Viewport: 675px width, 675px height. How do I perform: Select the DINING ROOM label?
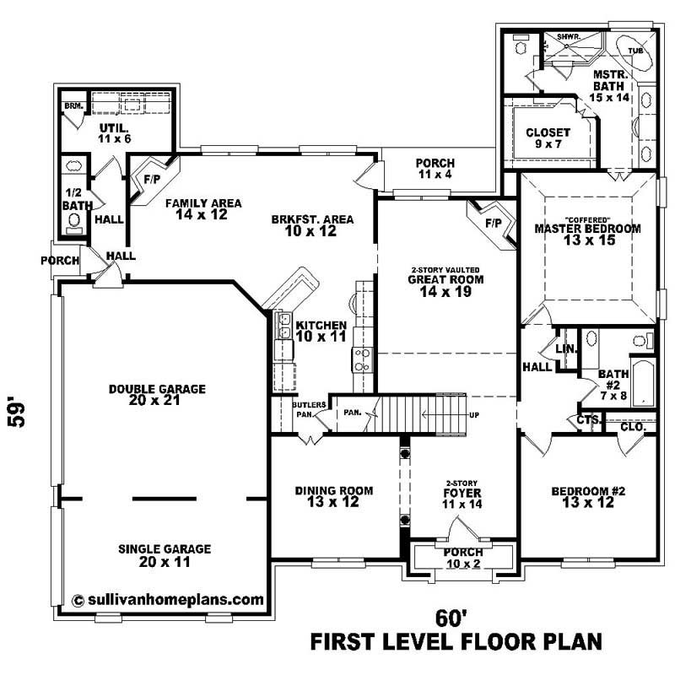pyautogui.click(x=334, y=497)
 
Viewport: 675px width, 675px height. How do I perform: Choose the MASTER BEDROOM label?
pyautogui.click(x=587, y=234)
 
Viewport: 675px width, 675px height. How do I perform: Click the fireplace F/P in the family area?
pyautogui.click(x=153, y=179)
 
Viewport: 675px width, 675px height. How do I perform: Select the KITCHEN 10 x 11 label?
pyautogui.click(x=321, y=330)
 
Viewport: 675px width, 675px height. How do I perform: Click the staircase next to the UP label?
pyautogui.click(x=422, y=416)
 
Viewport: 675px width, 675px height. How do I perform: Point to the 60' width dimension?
pyautogui.click(x=452, y=618)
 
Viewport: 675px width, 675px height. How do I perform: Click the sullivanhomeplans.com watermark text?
pyautogui.click(x=168, y=600)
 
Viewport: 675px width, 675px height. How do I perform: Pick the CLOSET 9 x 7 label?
pyautogui.click(x=548, y=138)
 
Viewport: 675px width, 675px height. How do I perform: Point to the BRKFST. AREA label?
pyautogui.click(x=312, y=225)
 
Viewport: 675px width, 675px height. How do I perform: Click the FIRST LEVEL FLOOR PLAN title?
pyautogui.click(x=456, y=643)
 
